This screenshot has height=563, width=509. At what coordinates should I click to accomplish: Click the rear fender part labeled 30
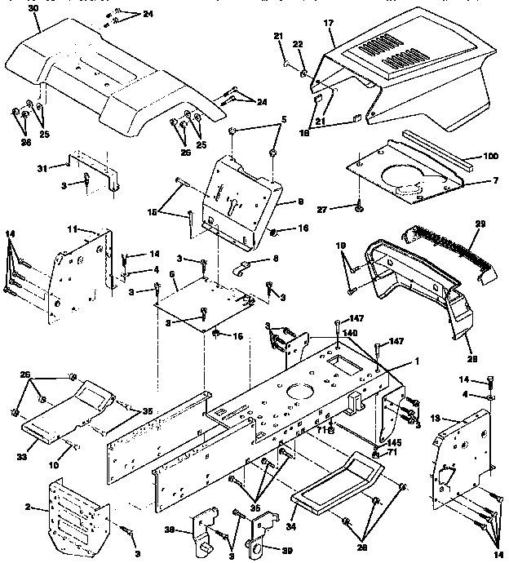[x=106, y=73]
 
